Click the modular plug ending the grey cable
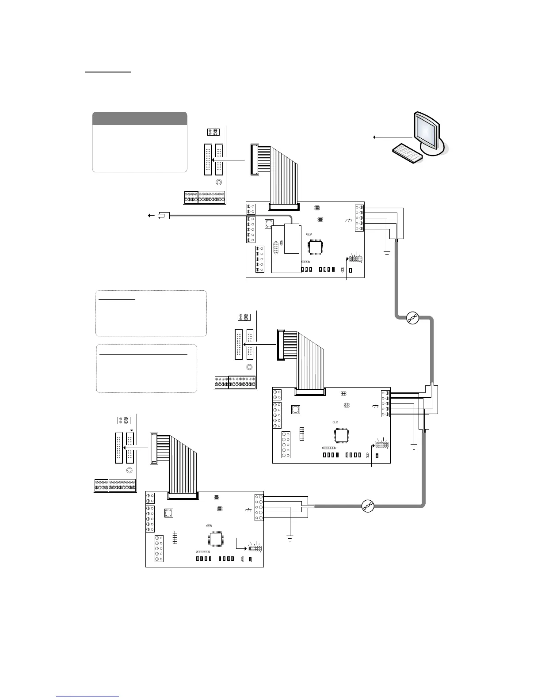(x=163, y=216)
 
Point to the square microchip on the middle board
(x=340, y=435)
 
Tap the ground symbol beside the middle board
(x=414, y=447)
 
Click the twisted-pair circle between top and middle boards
(x=412, y=317)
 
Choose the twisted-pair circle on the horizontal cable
(x=368, y=506)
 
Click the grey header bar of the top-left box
(x=140, y=118)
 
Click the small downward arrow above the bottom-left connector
(x=131, y=429)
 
